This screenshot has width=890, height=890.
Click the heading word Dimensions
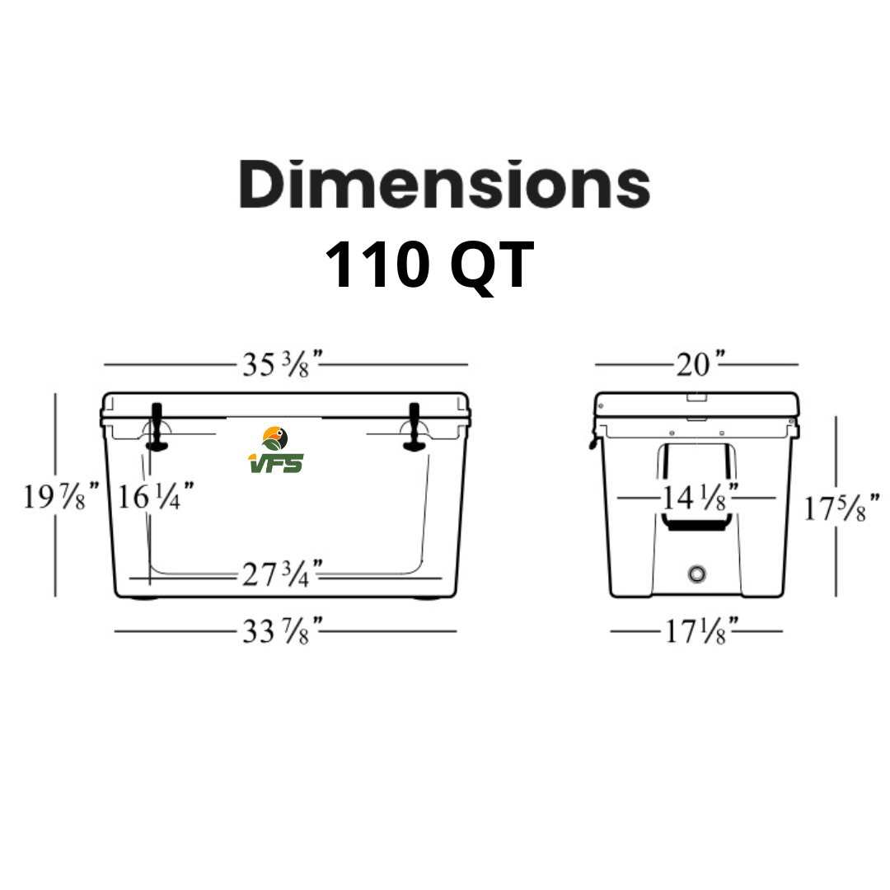pos(444,185)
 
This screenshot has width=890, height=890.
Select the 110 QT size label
pos(429,265)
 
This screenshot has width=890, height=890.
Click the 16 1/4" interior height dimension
pos(155,497)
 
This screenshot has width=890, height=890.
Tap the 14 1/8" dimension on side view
pos(696,497)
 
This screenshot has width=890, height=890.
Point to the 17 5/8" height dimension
pos(841,508)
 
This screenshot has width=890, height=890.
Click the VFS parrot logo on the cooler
pos(275,450)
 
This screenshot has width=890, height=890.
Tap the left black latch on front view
pos(156,427)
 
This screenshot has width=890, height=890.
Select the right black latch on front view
pos(414,427)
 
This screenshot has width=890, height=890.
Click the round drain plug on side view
pos(697,572)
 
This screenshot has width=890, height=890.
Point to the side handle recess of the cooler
pos(696,486)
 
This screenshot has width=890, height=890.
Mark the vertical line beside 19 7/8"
pos(55,494)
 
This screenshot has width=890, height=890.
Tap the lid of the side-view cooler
pos(696,405)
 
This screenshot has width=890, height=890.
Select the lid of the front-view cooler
pos(284,405)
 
